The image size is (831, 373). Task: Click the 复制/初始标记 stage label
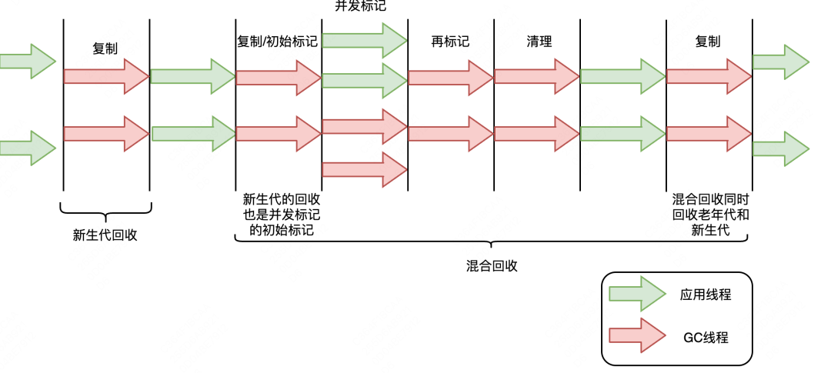point(278,42)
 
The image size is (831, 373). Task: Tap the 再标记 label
point(450,42)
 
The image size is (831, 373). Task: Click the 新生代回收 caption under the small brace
point(105,235)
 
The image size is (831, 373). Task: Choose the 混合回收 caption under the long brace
point(492,266)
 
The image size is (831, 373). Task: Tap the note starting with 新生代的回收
point(278,215)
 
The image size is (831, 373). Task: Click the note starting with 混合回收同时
point(709,215)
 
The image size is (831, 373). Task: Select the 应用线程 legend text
point(705,294)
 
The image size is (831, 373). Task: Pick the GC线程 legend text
point(705,337)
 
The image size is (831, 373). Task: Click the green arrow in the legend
point(637,294)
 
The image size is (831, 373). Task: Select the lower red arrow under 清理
point(536,133)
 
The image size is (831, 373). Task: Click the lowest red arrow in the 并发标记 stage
point(364,169)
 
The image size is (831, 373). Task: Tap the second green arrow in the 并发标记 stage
point(364,80)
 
